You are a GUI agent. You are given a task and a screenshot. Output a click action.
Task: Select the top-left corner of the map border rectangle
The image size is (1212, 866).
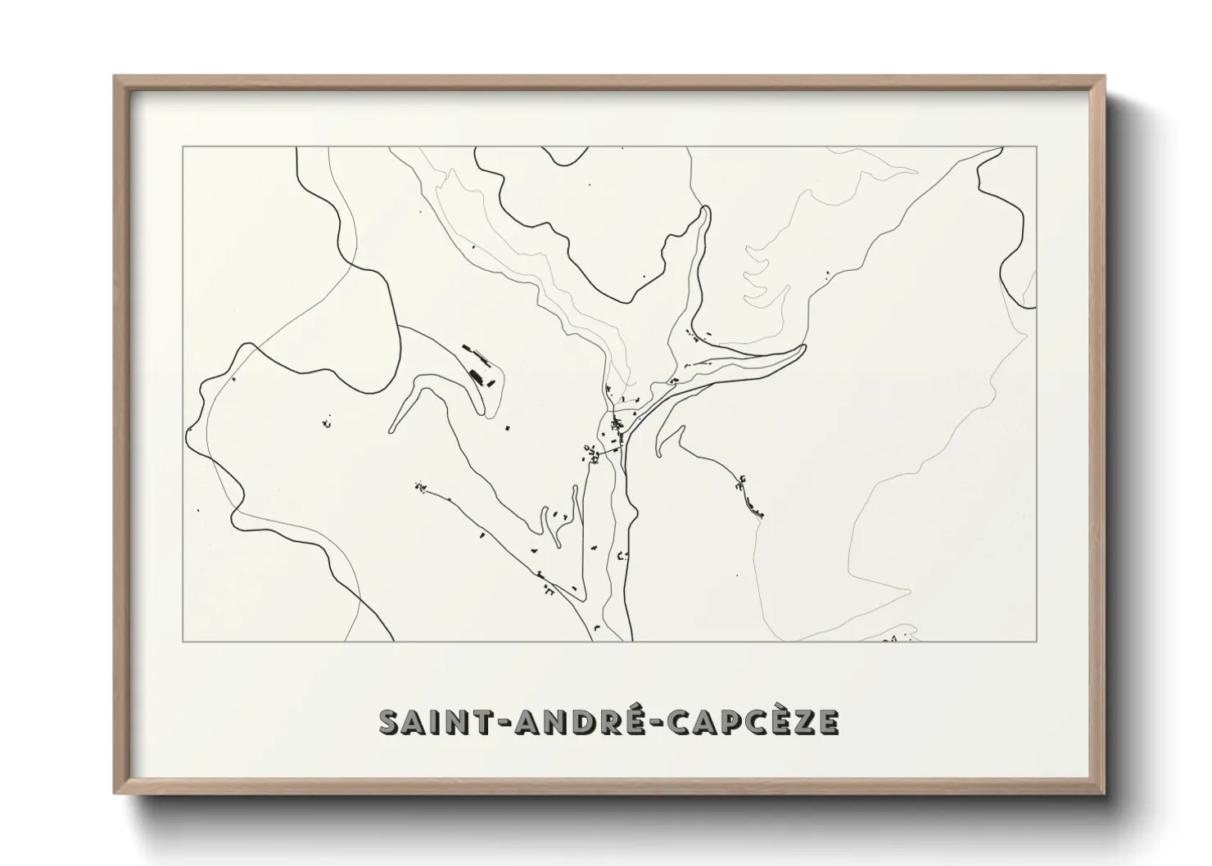(x=183, y=147)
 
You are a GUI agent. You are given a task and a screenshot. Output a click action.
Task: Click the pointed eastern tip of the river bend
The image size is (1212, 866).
(x=805, y=349)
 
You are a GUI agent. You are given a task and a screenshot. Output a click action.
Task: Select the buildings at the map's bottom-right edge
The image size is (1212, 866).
(x=899, y=635)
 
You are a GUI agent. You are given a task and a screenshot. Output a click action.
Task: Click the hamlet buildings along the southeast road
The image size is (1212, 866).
(x=749, y=498)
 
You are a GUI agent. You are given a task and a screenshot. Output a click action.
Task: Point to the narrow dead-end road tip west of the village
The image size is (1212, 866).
(x=391, y=427)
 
